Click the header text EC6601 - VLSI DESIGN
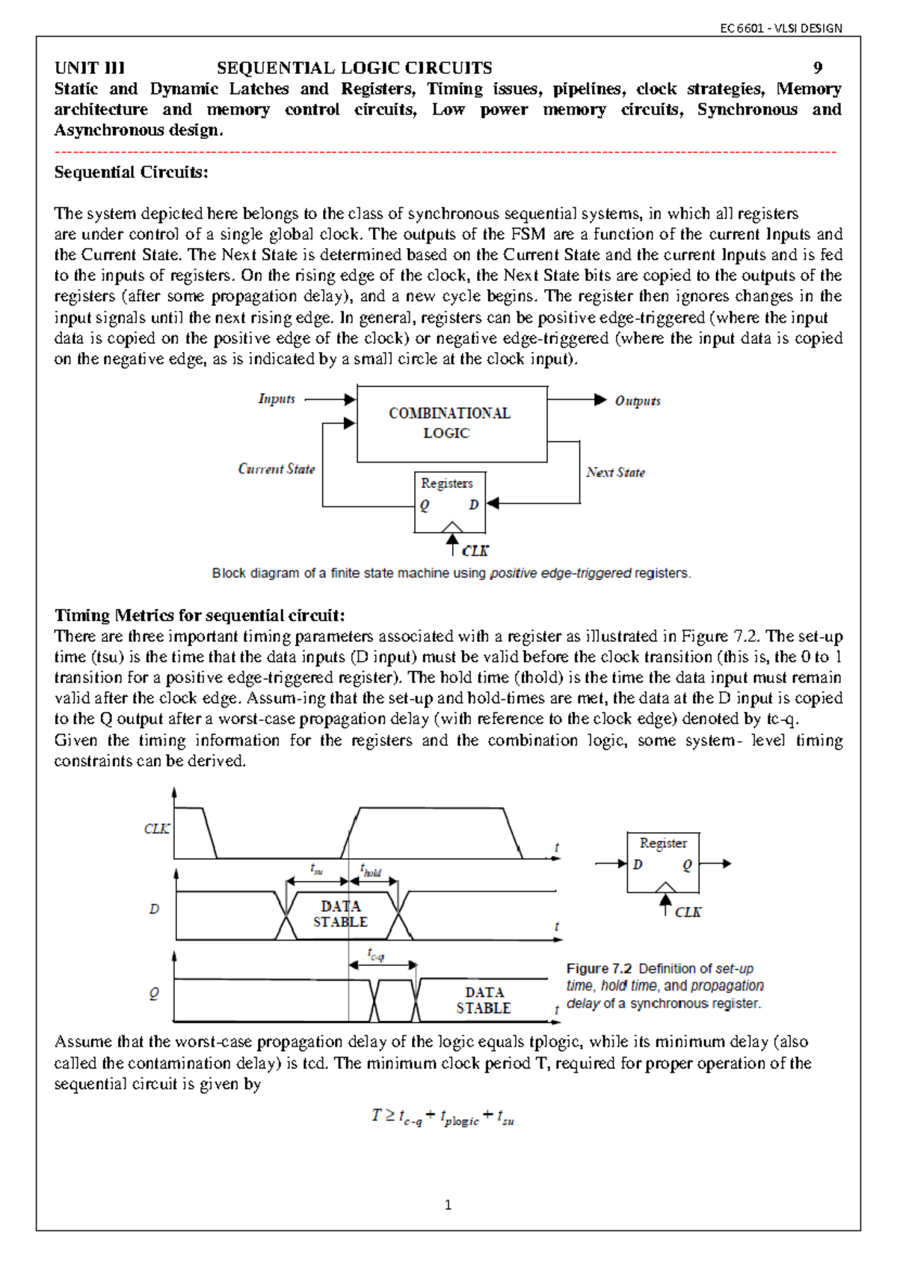[780, 28]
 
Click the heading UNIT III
[90, 68]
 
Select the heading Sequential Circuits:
[131, 173]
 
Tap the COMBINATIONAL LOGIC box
[451, 424]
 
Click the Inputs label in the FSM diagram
[277, 399]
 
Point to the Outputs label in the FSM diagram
[637, 401]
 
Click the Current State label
[276, 469]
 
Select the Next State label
[615, 472]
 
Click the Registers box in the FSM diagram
[450, 501]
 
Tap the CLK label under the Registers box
[475, 551]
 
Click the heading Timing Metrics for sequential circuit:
[200, 616]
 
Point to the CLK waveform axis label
[156, 829]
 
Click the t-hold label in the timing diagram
[371, 871]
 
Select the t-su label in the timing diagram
[316, 870]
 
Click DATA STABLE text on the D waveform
[340, 914]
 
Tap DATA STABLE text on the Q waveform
[484, 1000]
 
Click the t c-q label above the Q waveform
[375, 955]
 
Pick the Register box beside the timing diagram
[663, 862]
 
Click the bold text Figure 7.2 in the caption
[599, 969]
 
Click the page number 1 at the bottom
[448, 1205]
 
